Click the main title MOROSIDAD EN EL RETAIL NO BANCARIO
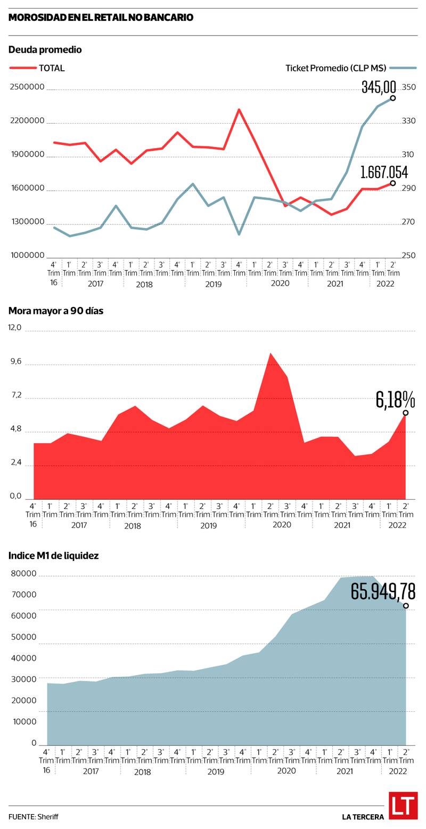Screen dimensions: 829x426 (101, 18)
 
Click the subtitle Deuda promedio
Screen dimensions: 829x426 (45, 50)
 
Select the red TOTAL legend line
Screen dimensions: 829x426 (23, 68)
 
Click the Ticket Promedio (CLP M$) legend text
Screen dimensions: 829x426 (335, 68)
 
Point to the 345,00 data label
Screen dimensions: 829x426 (379, 86)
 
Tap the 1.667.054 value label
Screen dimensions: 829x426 (384, 172)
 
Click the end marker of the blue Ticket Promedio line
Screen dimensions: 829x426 (393, 98)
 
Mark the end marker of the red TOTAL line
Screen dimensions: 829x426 (393, 183)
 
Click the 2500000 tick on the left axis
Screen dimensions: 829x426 (27, 87)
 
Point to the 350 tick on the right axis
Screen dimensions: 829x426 (408, 87)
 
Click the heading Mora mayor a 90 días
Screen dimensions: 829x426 (55, 311)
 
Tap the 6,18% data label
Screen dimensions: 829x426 (395, 399)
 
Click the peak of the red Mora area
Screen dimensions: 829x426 (271, 353)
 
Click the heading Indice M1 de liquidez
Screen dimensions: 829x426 (53, 555)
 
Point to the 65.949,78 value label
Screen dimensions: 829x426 (383, 591)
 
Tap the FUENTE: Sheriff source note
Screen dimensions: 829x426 (33, 817)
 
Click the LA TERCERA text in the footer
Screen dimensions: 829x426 (363, 817)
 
